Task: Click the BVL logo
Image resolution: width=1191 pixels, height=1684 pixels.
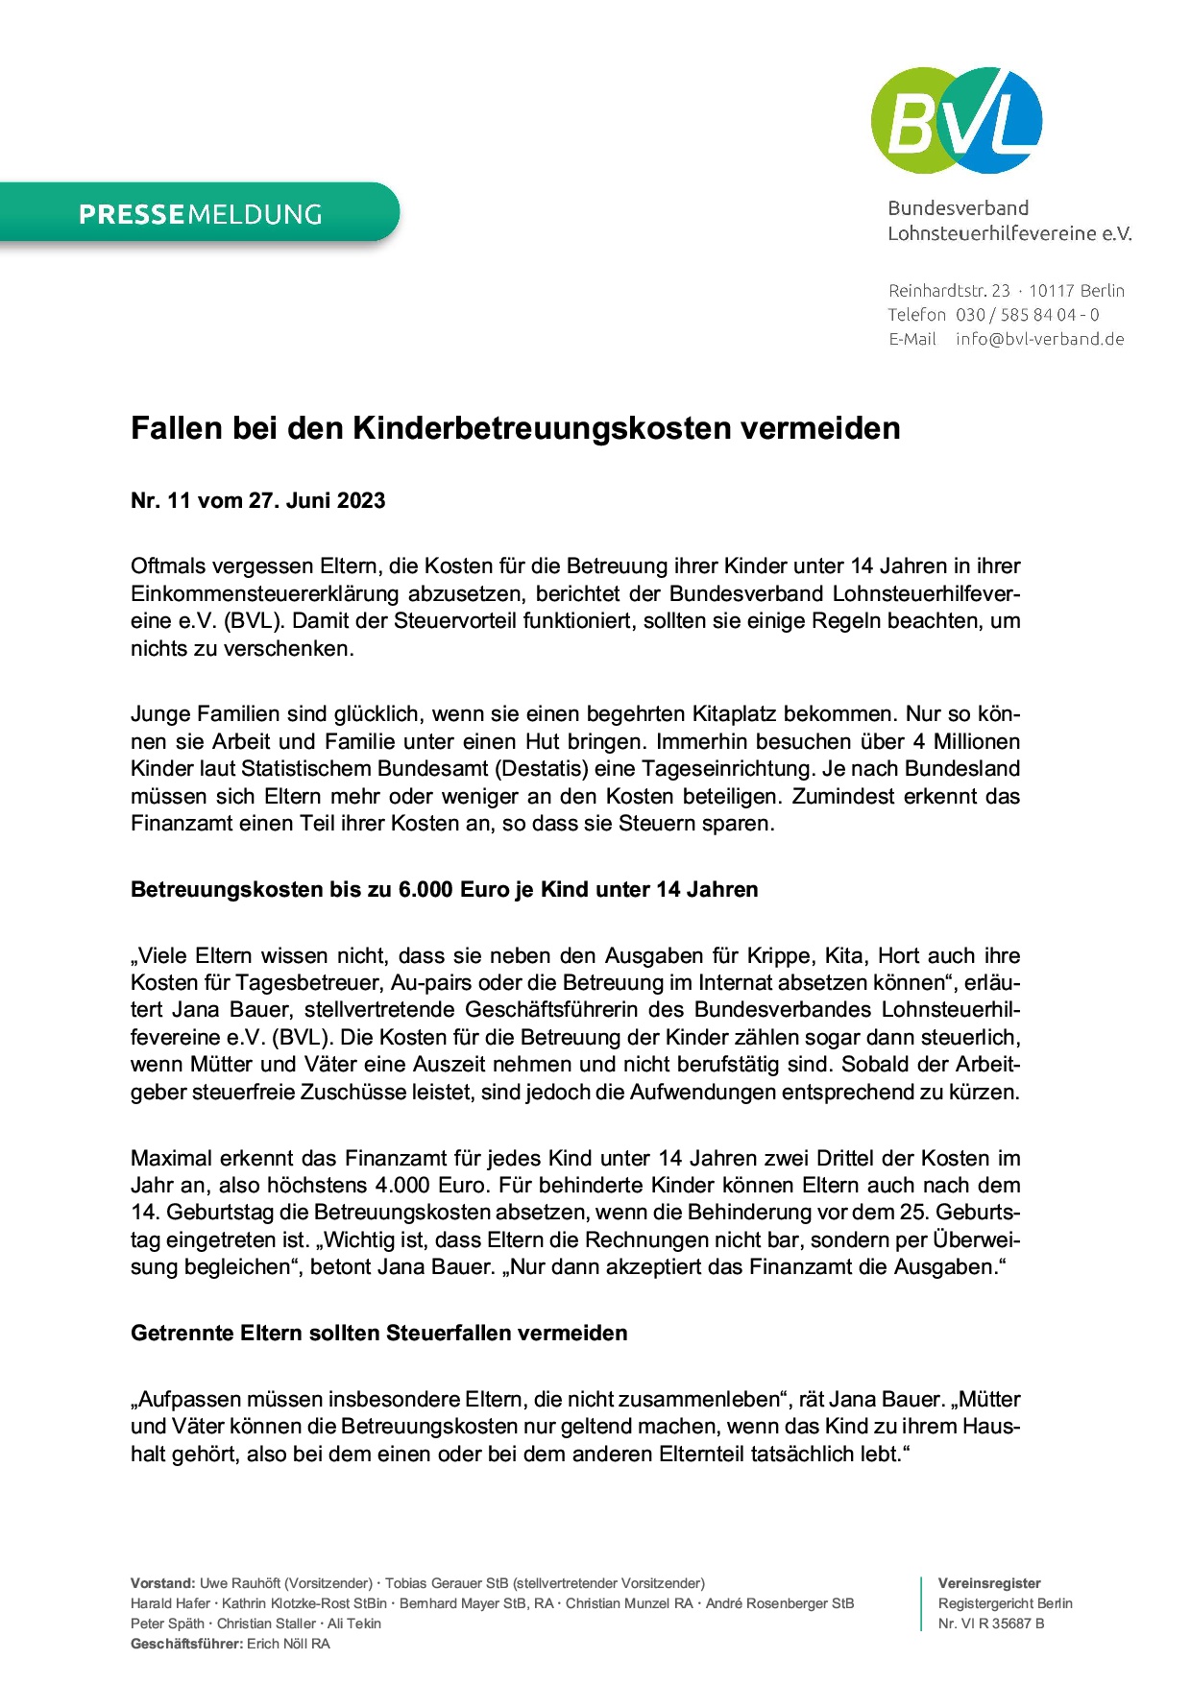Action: (x=956, y=120)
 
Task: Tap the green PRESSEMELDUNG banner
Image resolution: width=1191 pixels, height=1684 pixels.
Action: (x=200, y=213)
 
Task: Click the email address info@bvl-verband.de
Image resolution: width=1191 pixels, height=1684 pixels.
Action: (x=1039, y=339)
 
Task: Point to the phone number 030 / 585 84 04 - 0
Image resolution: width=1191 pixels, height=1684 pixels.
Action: (x=1027, y=315)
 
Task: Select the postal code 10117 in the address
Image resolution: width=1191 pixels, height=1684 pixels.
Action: (x=1051, y=291)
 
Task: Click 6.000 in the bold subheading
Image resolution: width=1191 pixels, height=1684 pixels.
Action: (x=425, y=890)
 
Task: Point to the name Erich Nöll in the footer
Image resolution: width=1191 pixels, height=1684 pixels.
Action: (x=278, y=1644)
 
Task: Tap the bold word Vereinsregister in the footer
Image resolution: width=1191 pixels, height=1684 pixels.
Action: (x=989, y=1583)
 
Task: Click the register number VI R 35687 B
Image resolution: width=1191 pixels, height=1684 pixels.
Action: (x=1003, y=1624)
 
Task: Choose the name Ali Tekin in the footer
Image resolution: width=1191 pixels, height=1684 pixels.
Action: (x=354, y=1624)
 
